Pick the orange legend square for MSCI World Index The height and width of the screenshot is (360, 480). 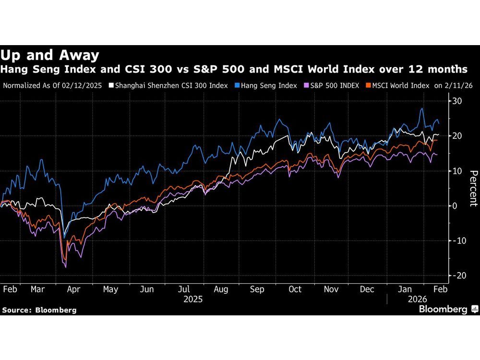coord(369,86)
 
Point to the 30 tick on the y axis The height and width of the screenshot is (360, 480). coord(457,101)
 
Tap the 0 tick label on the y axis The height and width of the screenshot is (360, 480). coord(455,205)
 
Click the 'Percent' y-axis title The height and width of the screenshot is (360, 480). coord(473,188)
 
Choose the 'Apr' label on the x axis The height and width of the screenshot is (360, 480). coord(74,289)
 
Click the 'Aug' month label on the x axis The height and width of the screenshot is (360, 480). coord(220,289)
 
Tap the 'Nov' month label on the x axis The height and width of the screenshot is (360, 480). coord(332,289)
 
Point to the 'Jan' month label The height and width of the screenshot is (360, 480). coord(406,289)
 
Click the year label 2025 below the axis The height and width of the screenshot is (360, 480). coord(192,299)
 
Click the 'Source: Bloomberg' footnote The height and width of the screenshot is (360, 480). coord(39,310)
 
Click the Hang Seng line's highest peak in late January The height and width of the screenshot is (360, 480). coord(421,108)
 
